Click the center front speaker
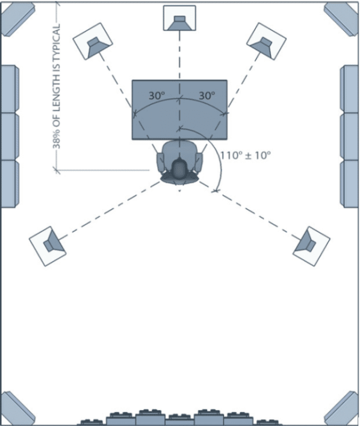coord(179,18)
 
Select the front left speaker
coord(93,42)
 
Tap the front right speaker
coord(266,42)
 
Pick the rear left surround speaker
coord(48,246)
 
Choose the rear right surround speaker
coord(311,246)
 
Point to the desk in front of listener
coord(179,110)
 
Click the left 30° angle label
coord(157,95)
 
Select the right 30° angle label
coord(207,95)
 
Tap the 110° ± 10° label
coord(245,155)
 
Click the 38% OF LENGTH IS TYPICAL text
coord(56,86)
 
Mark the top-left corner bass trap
coord(17,19)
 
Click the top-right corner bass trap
coord(342,19)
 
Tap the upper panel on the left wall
coord(10,89)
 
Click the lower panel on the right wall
coord(350,184)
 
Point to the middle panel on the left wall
coord(10,136)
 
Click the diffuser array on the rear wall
coord(179,418)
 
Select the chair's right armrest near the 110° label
coord(199,162)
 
